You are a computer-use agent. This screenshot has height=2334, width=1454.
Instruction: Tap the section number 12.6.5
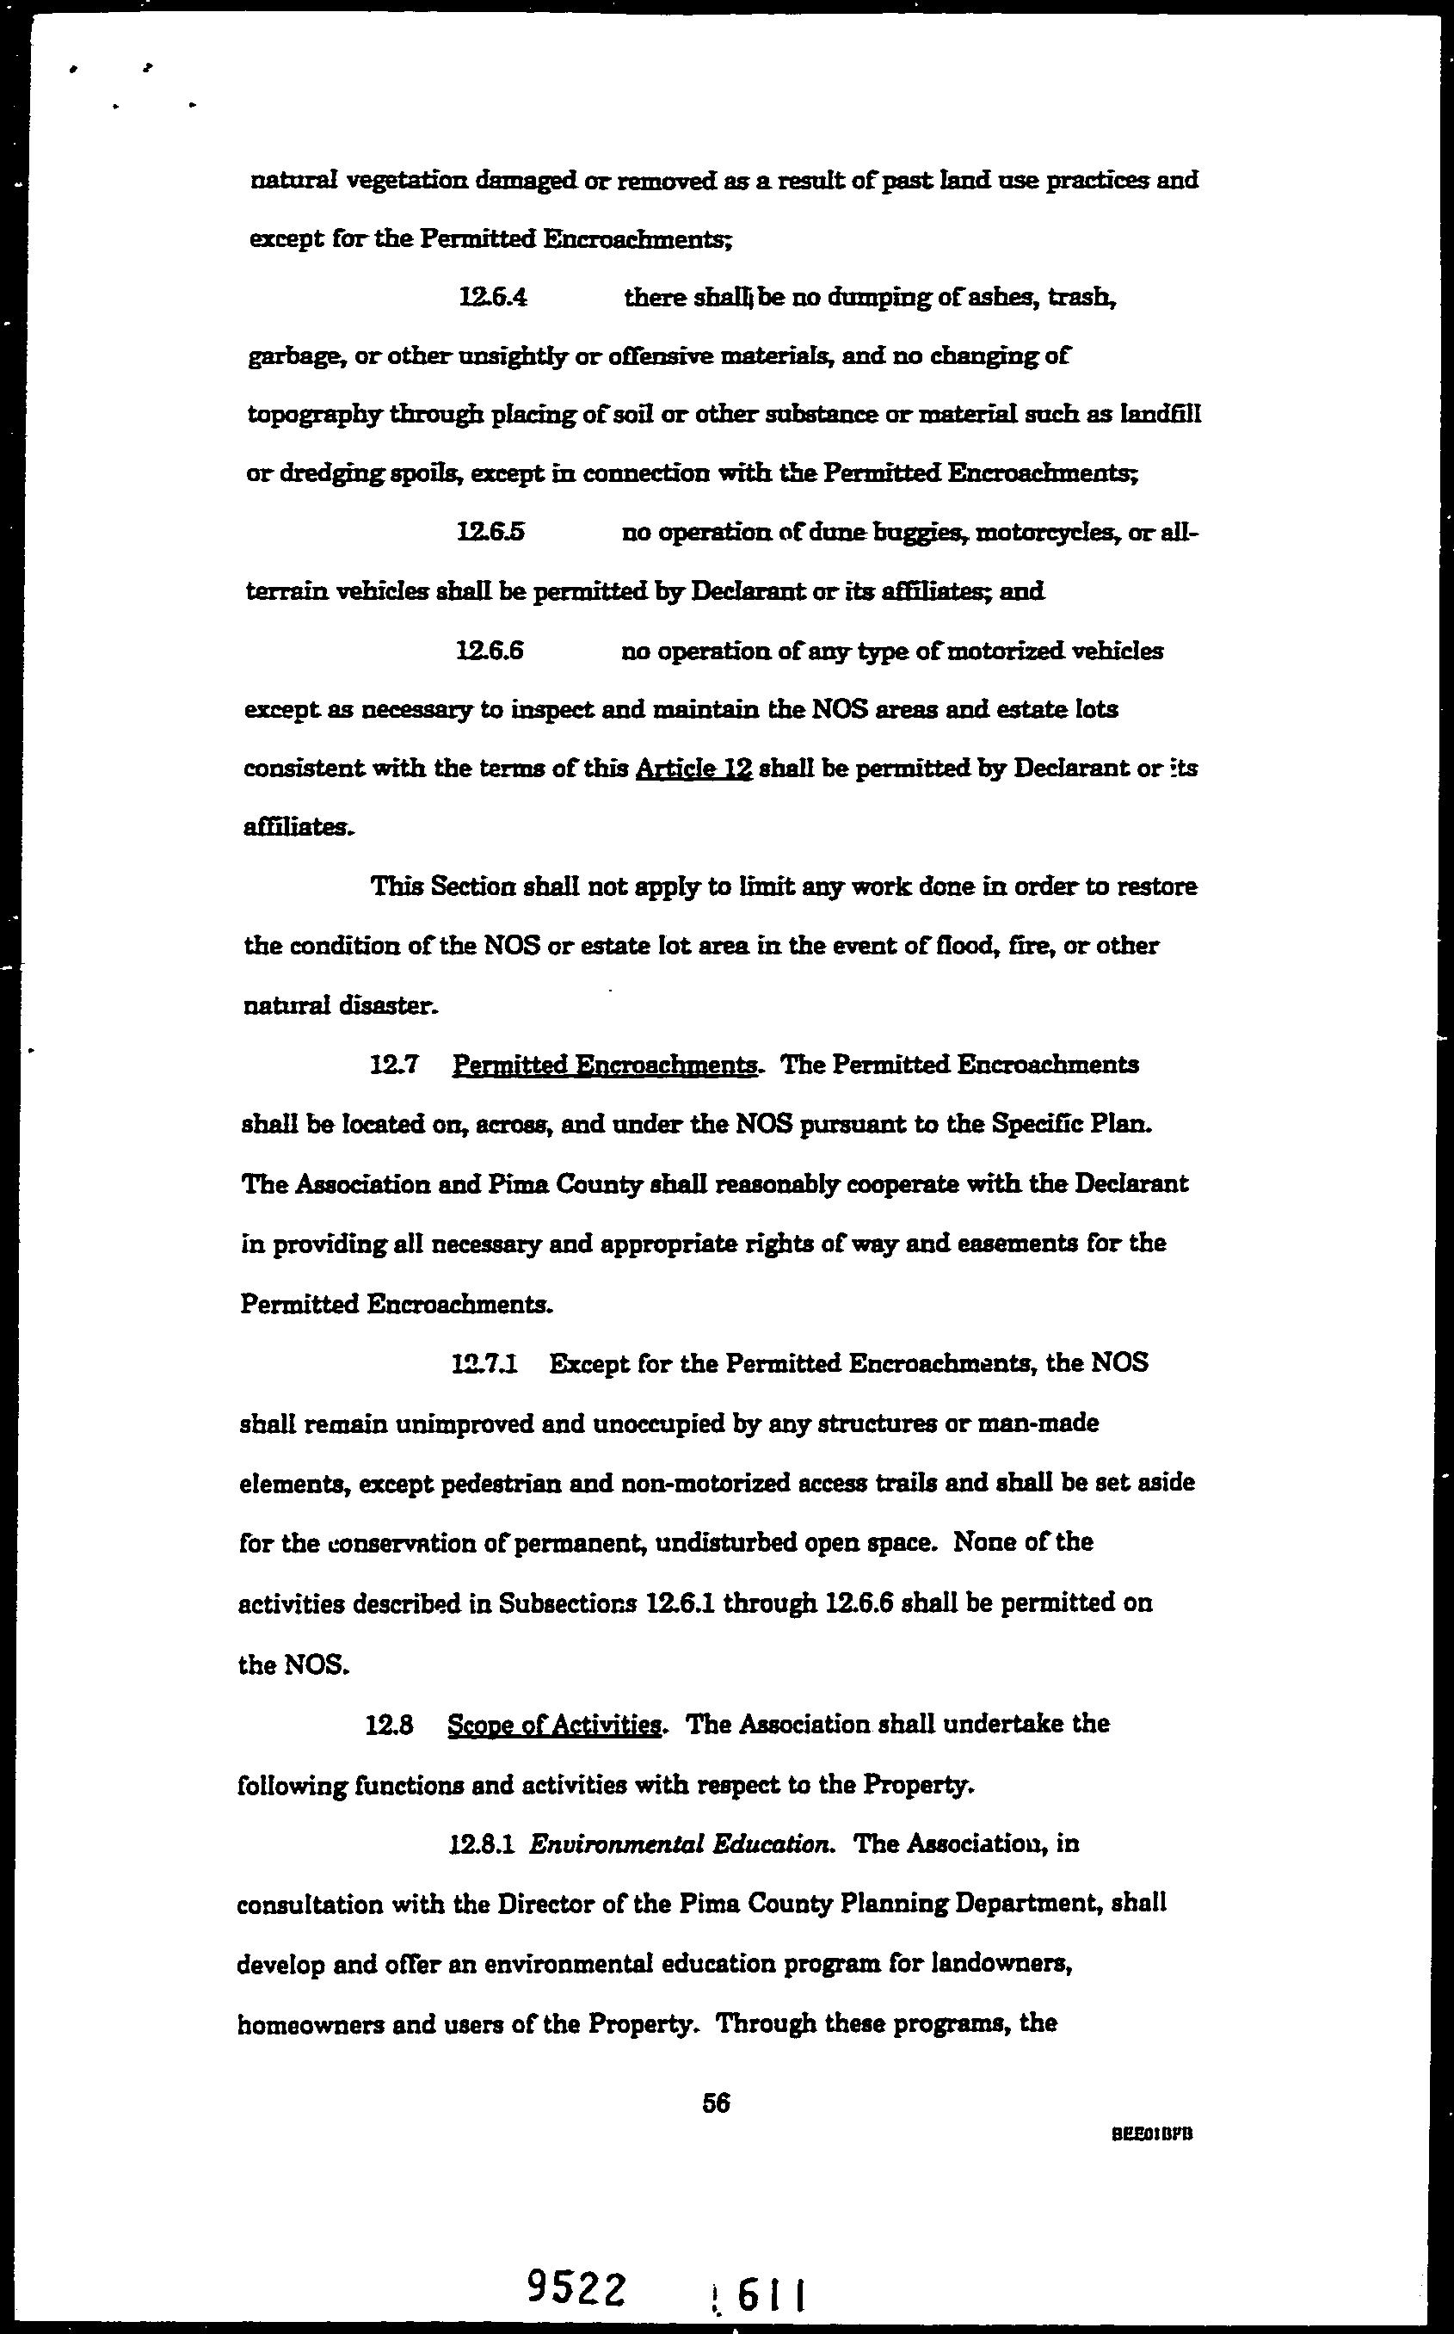(490, 532)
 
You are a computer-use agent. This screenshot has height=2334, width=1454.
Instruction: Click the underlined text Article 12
(693, 769)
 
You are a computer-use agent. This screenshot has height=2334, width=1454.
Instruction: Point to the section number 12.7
(391, 1065)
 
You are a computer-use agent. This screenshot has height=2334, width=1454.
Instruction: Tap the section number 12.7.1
(484, 1364)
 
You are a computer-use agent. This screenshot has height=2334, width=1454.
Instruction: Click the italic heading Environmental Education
(681, 1844)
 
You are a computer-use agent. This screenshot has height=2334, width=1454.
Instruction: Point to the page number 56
(717, 2103)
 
